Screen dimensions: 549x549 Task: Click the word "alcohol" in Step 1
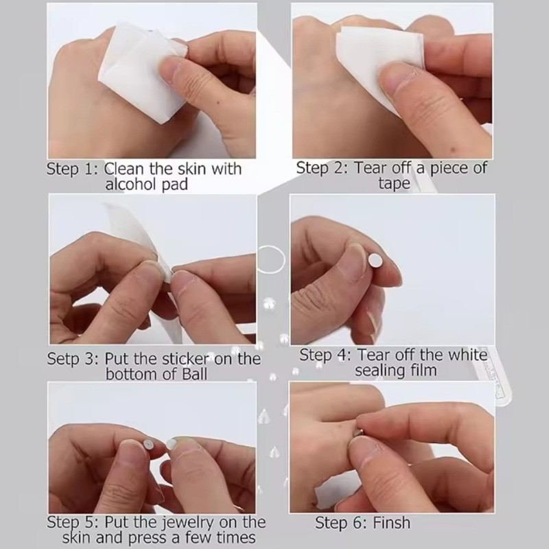pos(131,185)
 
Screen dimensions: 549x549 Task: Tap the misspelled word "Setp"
pos(62,359)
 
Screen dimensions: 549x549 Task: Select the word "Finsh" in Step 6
pos(390,523)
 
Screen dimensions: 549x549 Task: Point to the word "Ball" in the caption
pos(195,374)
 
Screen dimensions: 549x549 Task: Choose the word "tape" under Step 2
pos(394,184)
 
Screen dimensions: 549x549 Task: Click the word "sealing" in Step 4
pos(379,371)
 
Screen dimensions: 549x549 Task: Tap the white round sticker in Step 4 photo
pos(375,259)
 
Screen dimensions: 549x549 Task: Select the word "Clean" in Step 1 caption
pos(124,169)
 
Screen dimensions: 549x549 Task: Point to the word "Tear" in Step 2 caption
pos(371,168)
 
